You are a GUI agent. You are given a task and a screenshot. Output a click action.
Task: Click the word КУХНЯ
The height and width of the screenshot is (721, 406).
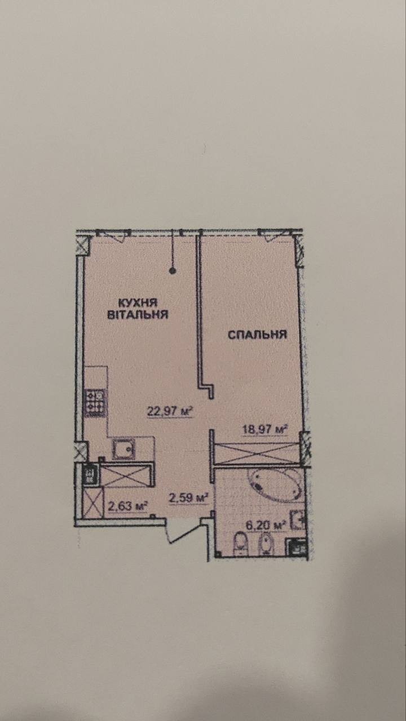coord(138,303)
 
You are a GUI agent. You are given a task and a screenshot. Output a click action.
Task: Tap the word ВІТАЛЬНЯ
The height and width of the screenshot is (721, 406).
coord(138,314)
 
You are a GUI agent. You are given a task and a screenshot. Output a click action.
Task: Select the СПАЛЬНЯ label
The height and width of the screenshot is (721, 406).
coord(258,335)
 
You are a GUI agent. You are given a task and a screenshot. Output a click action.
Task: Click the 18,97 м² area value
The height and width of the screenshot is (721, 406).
coord(264,429)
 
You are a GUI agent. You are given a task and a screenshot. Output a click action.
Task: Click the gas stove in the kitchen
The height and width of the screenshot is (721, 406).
coord(95,403)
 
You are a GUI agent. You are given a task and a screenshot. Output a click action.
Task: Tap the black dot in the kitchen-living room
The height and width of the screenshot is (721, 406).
coord(173,272)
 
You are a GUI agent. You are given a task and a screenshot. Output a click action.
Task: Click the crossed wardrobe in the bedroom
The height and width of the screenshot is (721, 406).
coord(257,453)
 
